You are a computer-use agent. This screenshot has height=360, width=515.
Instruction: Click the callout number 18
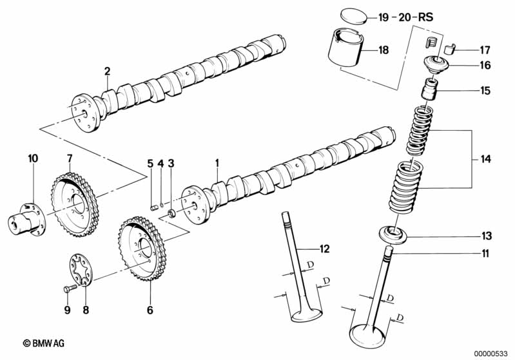[384, 50]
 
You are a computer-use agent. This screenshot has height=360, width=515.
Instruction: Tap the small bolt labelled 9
[70, 289]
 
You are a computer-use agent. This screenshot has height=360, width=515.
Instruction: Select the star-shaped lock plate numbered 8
[81, 270]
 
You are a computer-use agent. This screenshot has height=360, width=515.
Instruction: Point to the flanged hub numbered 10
[27, 219]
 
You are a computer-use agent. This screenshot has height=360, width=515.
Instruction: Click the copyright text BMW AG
[44, 343]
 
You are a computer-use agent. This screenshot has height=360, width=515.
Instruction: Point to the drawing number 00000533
[491, 354]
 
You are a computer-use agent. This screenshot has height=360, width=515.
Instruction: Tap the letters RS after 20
[425, 17]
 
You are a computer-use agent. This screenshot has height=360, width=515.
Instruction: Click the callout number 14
[485, 159]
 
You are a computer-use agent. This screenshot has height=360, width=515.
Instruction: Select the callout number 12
[324, 249]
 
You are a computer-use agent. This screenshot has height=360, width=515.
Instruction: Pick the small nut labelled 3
[172, 213]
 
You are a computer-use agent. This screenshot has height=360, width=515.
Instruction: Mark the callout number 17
[485, 50]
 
